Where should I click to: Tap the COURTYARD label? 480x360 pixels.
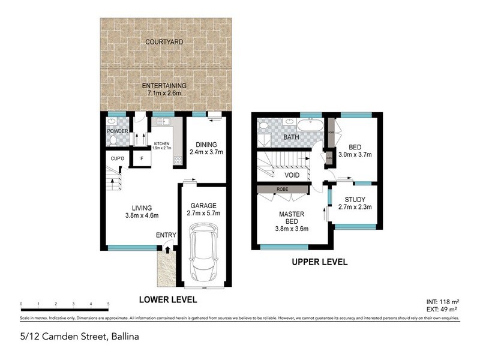pos(164,42)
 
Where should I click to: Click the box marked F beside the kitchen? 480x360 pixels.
pos(141,158)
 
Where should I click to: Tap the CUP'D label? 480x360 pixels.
pos(116,158)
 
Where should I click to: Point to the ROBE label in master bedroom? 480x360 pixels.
pos(282,188)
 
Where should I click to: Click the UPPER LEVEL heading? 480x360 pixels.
pos(319,262)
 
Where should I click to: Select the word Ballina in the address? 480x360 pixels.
pos(124,336)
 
